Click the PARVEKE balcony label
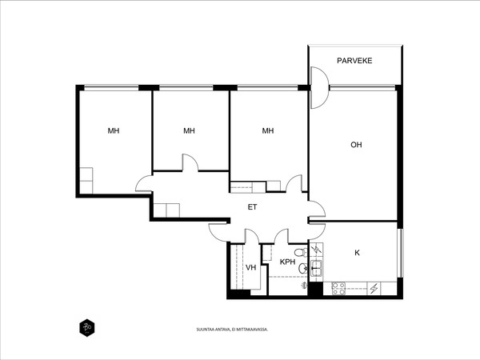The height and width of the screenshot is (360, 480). click(x=354, y=61)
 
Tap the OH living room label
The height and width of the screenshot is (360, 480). click(x=356, y=145)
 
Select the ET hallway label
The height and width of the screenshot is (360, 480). click(x=252, y=207)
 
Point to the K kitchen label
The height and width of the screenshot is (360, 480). click(x=357, y=253)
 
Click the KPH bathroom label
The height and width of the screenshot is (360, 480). click(x=287, y=262)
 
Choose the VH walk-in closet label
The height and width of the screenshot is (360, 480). click(x=250, y=267)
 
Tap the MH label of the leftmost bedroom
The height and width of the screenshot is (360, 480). click(x=114, y=130)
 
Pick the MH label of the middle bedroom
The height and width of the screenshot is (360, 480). click(x=189, y=130)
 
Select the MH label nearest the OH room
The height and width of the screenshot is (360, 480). click(x=267, y=130)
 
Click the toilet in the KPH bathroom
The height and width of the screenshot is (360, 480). click(x=300, y=253)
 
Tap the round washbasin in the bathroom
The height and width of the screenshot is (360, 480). click(x=302, y=269)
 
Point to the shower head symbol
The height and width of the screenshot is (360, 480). click(x=303, y=286)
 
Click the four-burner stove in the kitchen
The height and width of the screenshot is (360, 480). click(x=338, y=288)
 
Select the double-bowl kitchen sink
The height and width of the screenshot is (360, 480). click(x=317, y=269)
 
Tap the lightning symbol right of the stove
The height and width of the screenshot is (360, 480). click(x=374, y=288)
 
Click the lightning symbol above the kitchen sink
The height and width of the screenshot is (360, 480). click(x=316, y=249)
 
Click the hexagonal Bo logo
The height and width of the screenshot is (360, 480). click(x=87, y=328)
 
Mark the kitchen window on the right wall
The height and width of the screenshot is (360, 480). click(x=399, y=253)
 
